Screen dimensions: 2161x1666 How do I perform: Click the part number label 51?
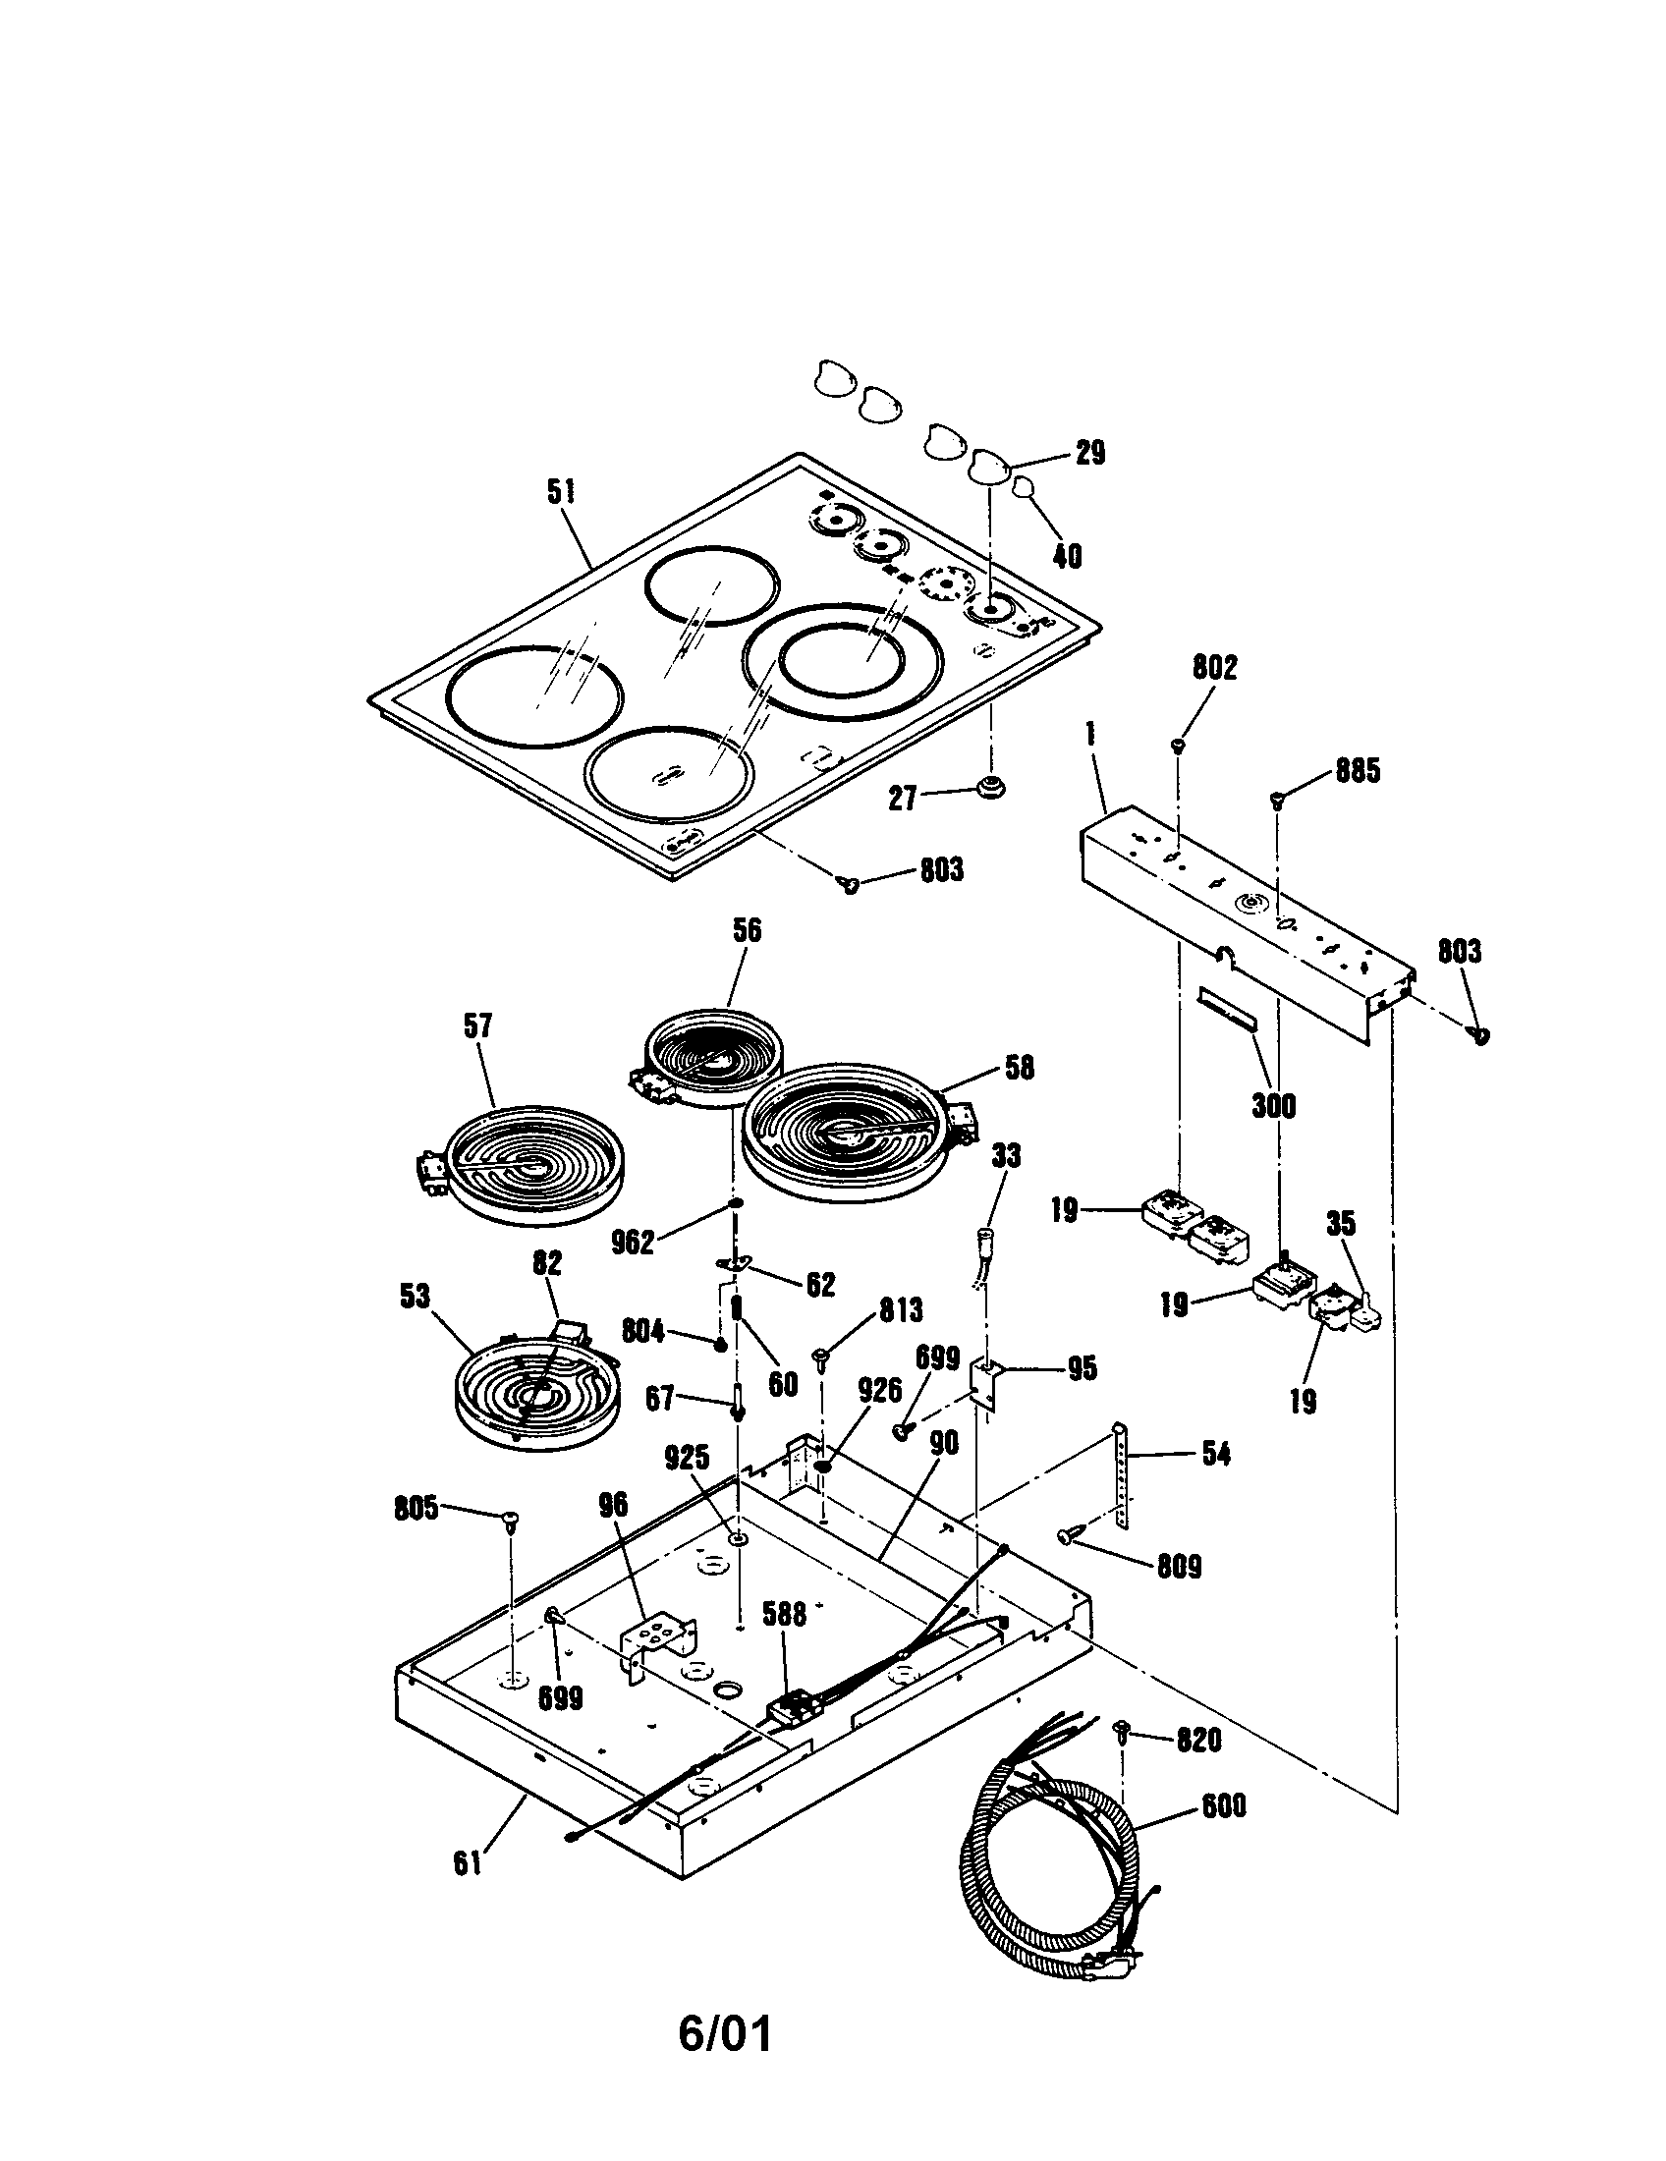[561, 492]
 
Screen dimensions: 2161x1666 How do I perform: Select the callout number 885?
[1358, 771]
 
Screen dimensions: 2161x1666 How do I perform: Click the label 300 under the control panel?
[1273, 1105]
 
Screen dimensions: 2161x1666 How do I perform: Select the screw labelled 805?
[513, 1519]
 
